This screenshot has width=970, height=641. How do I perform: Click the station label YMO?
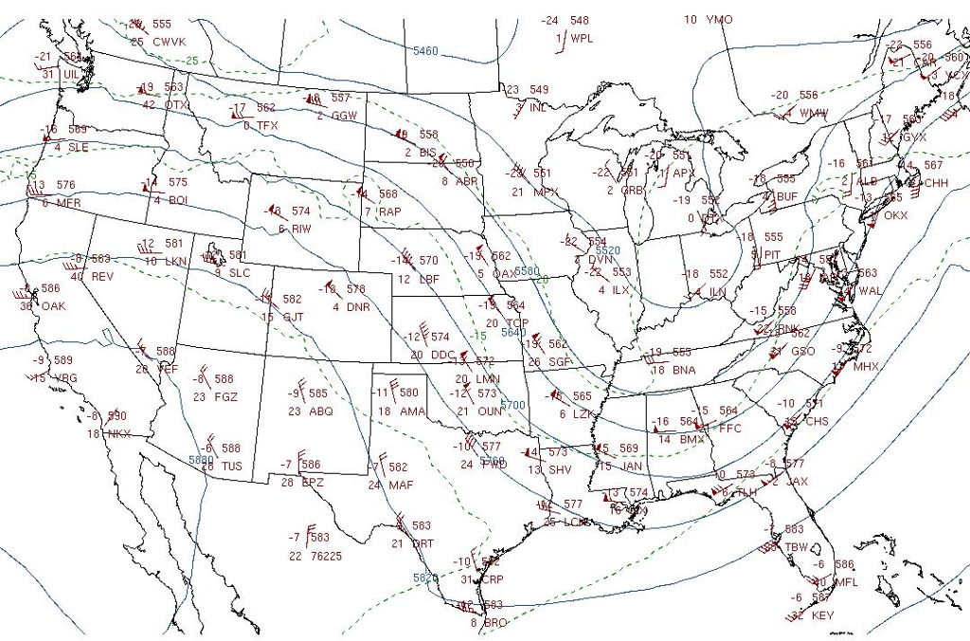[719, 20]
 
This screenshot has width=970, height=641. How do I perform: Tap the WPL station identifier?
[581, 39]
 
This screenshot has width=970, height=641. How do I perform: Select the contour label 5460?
[425, 50]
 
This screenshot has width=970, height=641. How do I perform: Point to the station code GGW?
[345, 116]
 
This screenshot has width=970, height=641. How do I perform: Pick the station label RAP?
[389, 211]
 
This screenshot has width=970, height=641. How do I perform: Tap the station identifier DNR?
[358, 307]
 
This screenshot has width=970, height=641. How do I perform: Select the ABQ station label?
[321, 412]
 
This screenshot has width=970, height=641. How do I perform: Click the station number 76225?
[326, 557]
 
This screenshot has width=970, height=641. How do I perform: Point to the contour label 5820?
[425, 578]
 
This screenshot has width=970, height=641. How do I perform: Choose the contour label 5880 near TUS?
[200, 460]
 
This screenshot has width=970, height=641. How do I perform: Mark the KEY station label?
[823, 615]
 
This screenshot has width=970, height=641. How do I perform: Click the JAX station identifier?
[797, 482]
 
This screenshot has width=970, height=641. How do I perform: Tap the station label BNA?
[684, 370]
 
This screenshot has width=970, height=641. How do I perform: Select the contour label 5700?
[512, 405]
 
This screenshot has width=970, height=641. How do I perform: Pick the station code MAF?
[401, 485]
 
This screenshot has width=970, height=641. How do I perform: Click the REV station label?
[102, 277]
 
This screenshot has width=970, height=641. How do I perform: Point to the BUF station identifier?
[787, 196]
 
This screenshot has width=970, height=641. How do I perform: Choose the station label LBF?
[429, 279]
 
